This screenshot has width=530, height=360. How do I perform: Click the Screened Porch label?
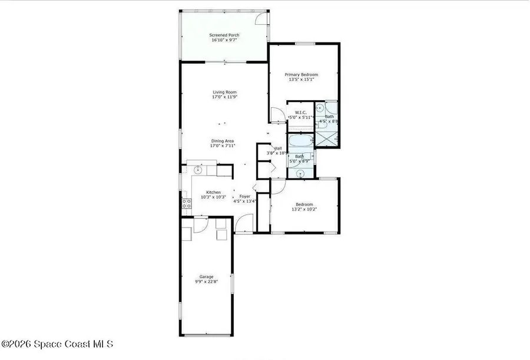(x=224, y=35)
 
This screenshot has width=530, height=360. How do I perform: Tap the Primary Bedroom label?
(x=301, y=75)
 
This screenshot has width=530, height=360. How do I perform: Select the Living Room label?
(x=224, y=92)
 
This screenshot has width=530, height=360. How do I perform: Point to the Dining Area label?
(x=223, y=141)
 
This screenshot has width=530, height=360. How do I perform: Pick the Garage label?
(x=206, y=276)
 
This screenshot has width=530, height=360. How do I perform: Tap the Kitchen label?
(x=213, y=193)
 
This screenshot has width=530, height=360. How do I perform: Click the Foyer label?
(x=245, y=196)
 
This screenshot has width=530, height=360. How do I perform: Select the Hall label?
(x=278, y=148)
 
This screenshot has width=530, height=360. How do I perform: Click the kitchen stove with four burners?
(x=186, y=204)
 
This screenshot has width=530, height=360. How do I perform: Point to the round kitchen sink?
(x=198, y=170)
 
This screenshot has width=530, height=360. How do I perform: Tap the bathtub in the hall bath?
(x=300, y=142)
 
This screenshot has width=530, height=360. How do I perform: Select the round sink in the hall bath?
(x=301, y=173)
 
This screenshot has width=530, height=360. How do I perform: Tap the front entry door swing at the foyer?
(x=242, y=224)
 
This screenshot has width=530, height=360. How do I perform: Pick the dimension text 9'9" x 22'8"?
(x=206, y=282)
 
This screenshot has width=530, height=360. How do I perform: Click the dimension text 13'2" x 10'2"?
(x=304, y=209)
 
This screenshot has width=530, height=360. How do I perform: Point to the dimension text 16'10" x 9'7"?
(x=224, y=41)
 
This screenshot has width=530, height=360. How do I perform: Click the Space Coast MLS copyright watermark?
(x=58, y=344)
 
